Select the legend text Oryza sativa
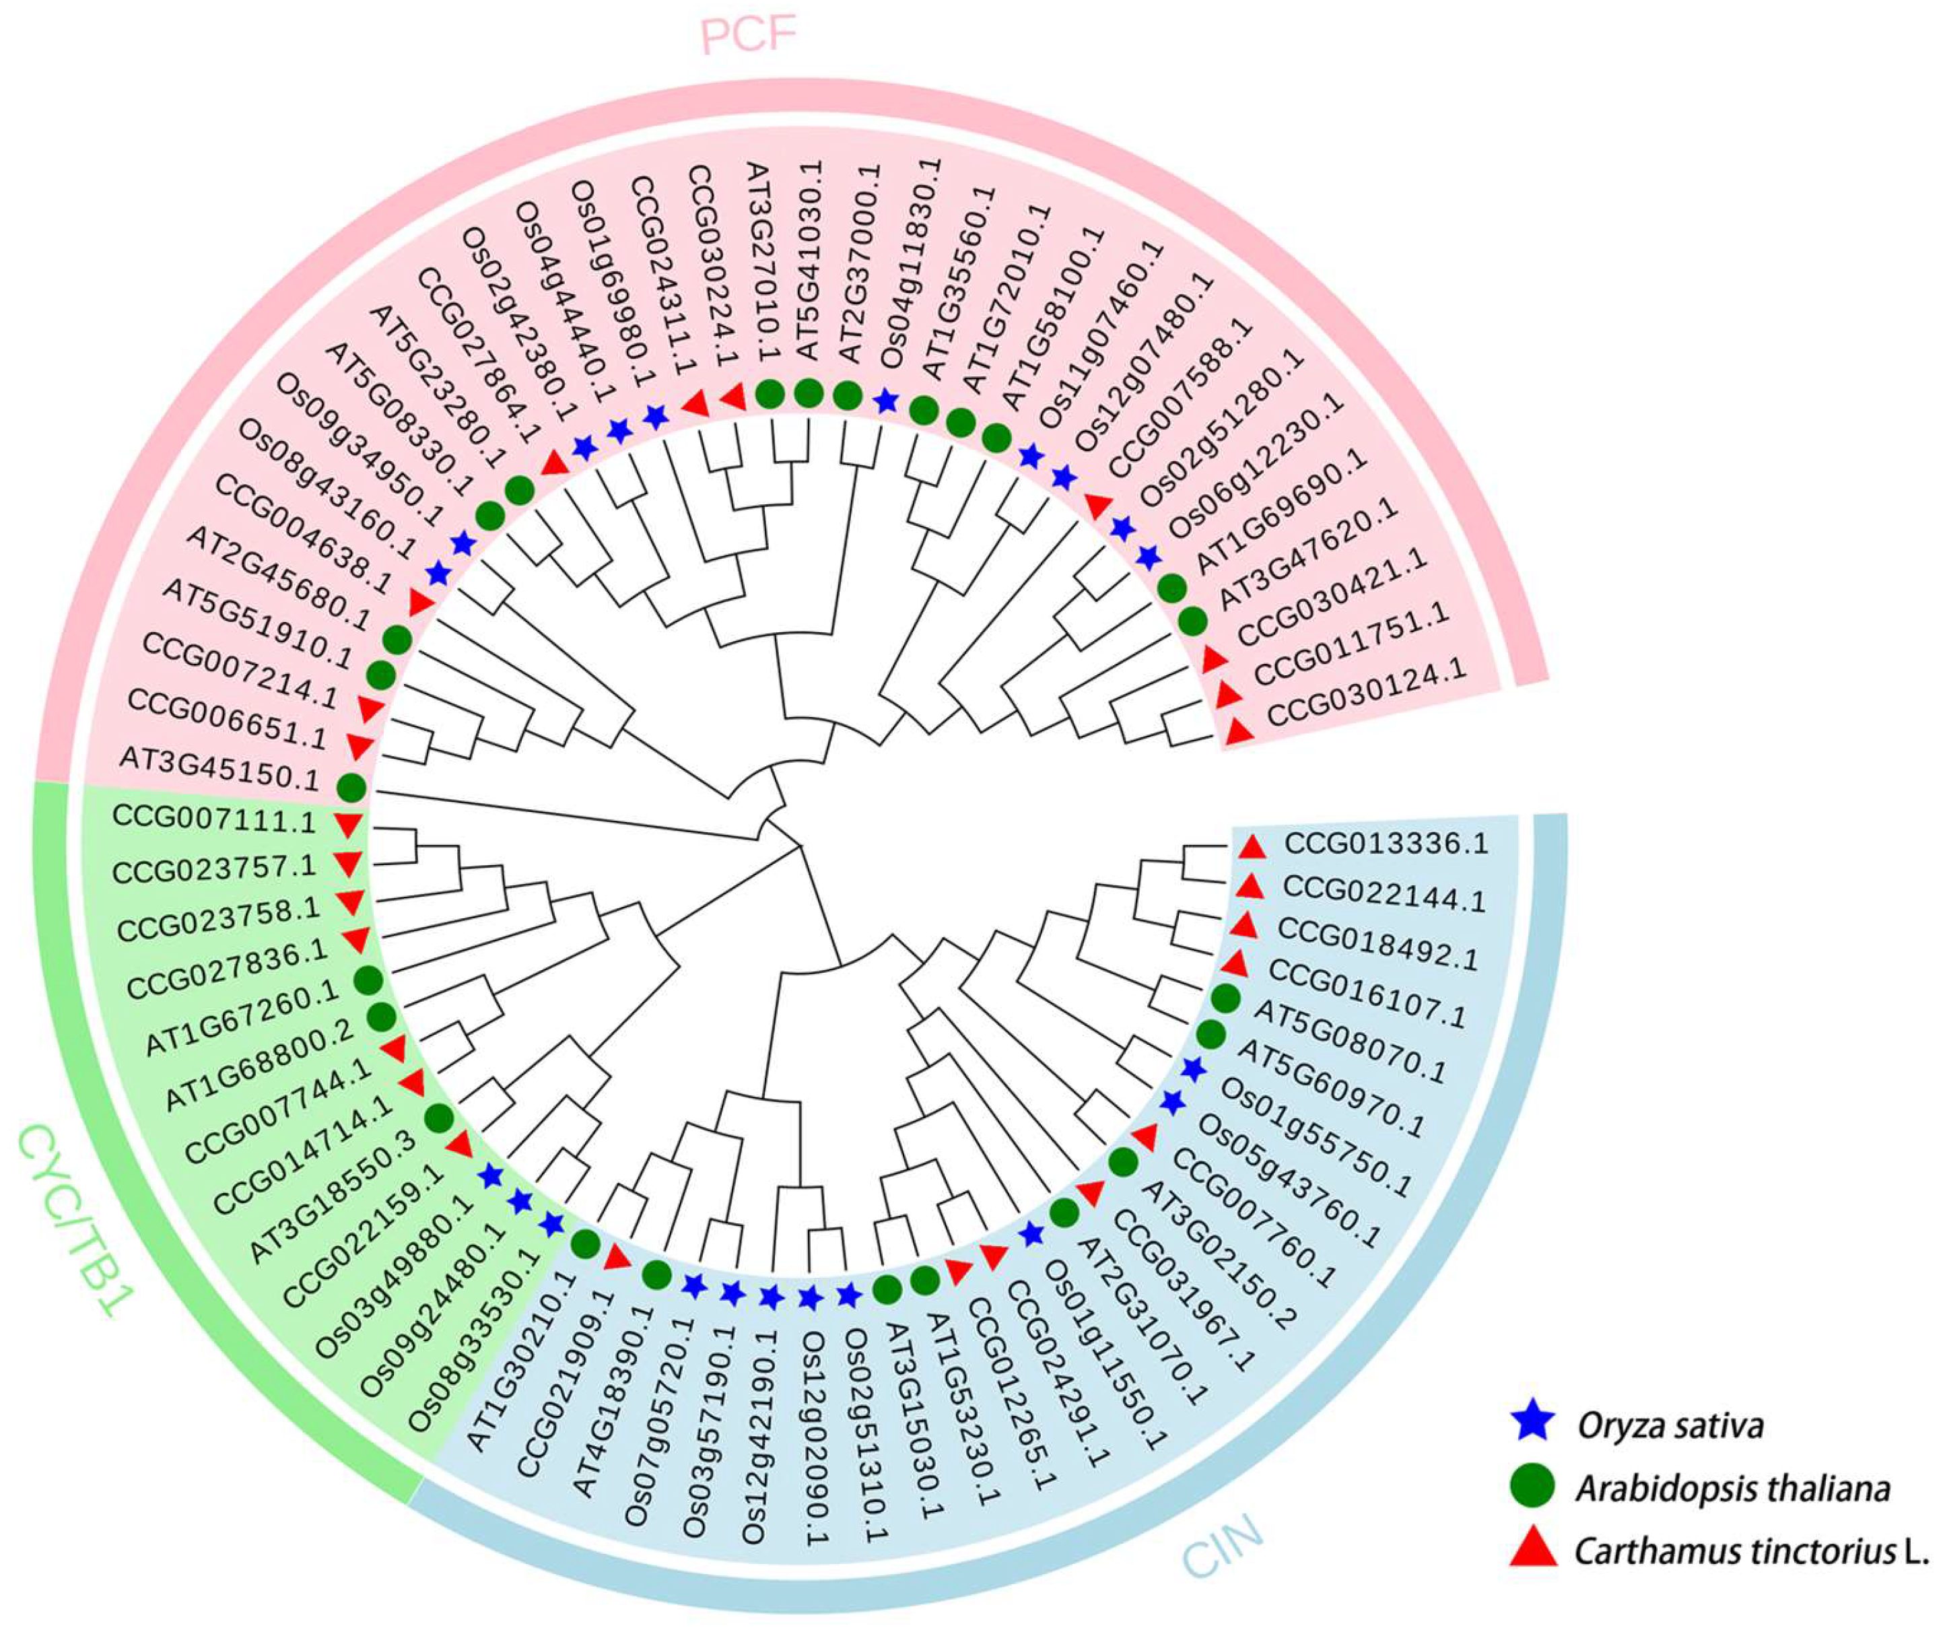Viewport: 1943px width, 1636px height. [1670, 1424]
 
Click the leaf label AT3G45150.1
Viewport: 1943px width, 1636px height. [219, 771]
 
